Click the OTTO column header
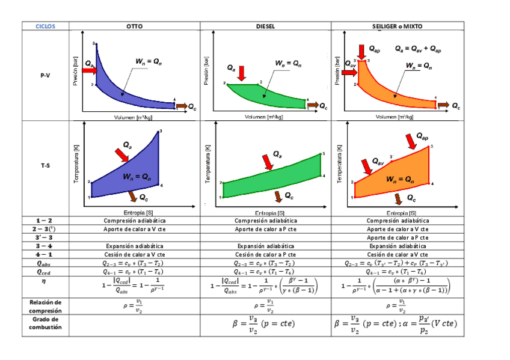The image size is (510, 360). coord(135,26)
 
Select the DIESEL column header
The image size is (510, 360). coord(265,26)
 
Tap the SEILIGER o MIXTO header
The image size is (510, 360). coord(396,26)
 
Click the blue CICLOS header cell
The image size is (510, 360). coord(46,26)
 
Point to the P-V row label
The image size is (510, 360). coord(46,75)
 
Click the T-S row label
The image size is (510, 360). coord(46,168)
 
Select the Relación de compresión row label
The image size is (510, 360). coord(46,306)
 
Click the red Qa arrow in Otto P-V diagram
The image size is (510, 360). coord(90,70)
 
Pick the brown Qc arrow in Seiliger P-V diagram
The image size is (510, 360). coord(443,105)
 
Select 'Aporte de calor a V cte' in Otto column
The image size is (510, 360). coord(135,229)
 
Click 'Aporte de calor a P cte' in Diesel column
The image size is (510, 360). coord(265,229)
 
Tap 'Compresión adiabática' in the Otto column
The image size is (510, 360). coord(135,221)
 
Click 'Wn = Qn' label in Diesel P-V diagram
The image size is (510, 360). coord(288,63)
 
